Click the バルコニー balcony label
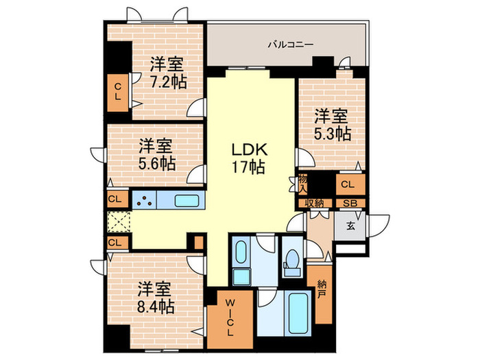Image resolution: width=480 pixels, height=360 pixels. click(290, 45)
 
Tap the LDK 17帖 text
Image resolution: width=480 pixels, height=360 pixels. click(246, 158)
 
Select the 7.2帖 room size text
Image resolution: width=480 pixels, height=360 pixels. click(168, 81)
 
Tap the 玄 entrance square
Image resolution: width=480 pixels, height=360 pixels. click(350, 226)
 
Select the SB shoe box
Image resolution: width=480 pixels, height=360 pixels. click(350, 204)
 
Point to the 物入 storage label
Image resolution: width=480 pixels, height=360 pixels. click(302, 183)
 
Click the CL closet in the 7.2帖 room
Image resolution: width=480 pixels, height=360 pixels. click(118, 92)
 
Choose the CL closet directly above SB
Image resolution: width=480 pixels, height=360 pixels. click(349, 184)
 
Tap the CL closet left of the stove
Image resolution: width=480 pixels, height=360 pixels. click(117, 200)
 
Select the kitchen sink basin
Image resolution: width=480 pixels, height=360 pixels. click(187, 201)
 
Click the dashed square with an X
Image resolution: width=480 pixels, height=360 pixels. click(118, 222)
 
